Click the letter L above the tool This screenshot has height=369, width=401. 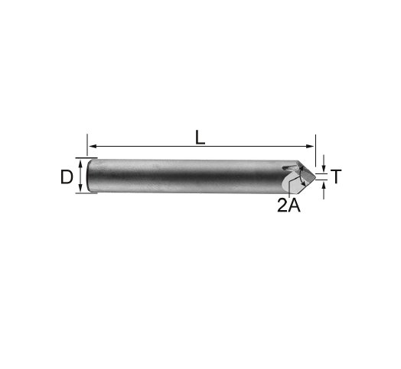(x=200, y=138)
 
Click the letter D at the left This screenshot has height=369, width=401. (x=67, y=177)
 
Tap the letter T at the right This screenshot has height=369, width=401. (x=336, y=176)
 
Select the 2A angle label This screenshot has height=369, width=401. (x=289, y=206)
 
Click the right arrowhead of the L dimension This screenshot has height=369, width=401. (x=310, y=147)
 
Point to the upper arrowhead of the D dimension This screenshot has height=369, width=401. (x=80, y=163)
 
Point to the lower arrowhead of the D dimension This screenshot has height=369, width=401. (x=80, y=188)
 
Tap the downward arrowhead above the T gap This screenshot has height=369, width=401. (x=324, y=169)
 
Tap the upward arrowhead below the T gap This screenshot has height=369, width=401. (x=324, y=184)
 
